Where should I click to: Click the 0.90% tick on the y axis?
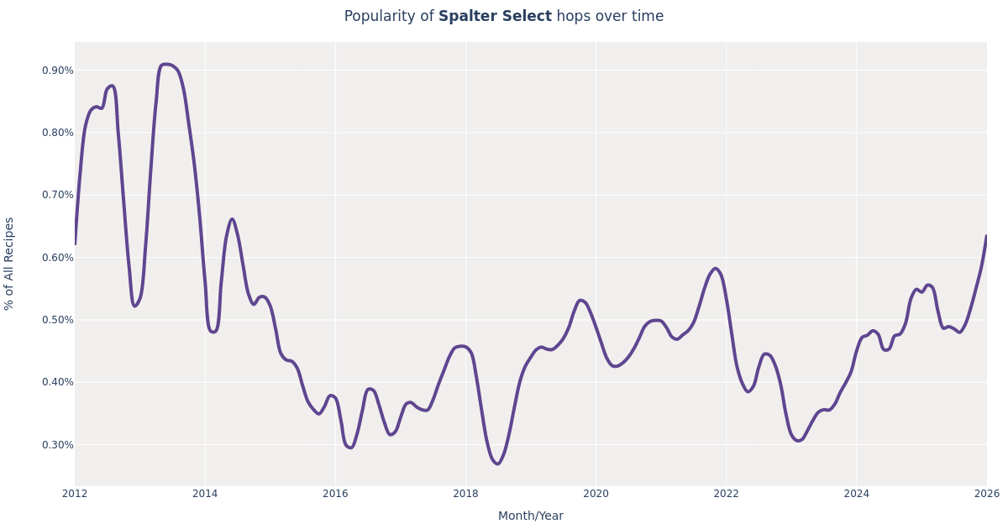(x=57, y=71)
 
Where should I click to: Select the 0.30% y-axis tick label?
(x=57, y=445)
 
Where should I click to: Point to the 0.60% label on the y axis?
(x=57, y=258)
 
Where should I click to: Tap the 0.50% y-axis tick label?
(x=57, y=320)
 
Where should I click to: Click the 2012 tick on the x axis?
(x=75, y=494)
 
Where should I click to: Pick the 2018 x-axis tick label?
(x=465, y=494)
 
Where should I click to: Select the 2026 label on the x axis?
(x=986, y=494)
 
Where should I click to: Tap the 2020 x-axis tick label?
(x=596, y=494)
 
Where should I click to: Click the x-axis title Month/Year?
(x=530, y=516)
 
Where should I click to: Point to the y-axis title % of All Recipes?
(x=10, y=264)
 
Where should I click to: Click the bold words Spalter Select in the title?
(x=495, y=17)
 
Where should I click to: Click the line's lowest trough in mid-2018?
(x=496, y=464)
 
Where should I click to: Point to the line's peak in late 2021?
(x=715, y=269)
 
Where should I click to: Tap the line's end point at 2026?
(x=986, y=236)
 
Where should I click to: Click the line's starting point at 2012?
(x=75, y=244)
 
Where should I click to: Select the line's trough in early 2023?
(x=797, y=441)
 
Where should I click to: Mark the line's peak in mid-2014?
(x=232, y=219)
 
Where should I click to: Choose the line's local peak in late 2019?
(x=580, y=300)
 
